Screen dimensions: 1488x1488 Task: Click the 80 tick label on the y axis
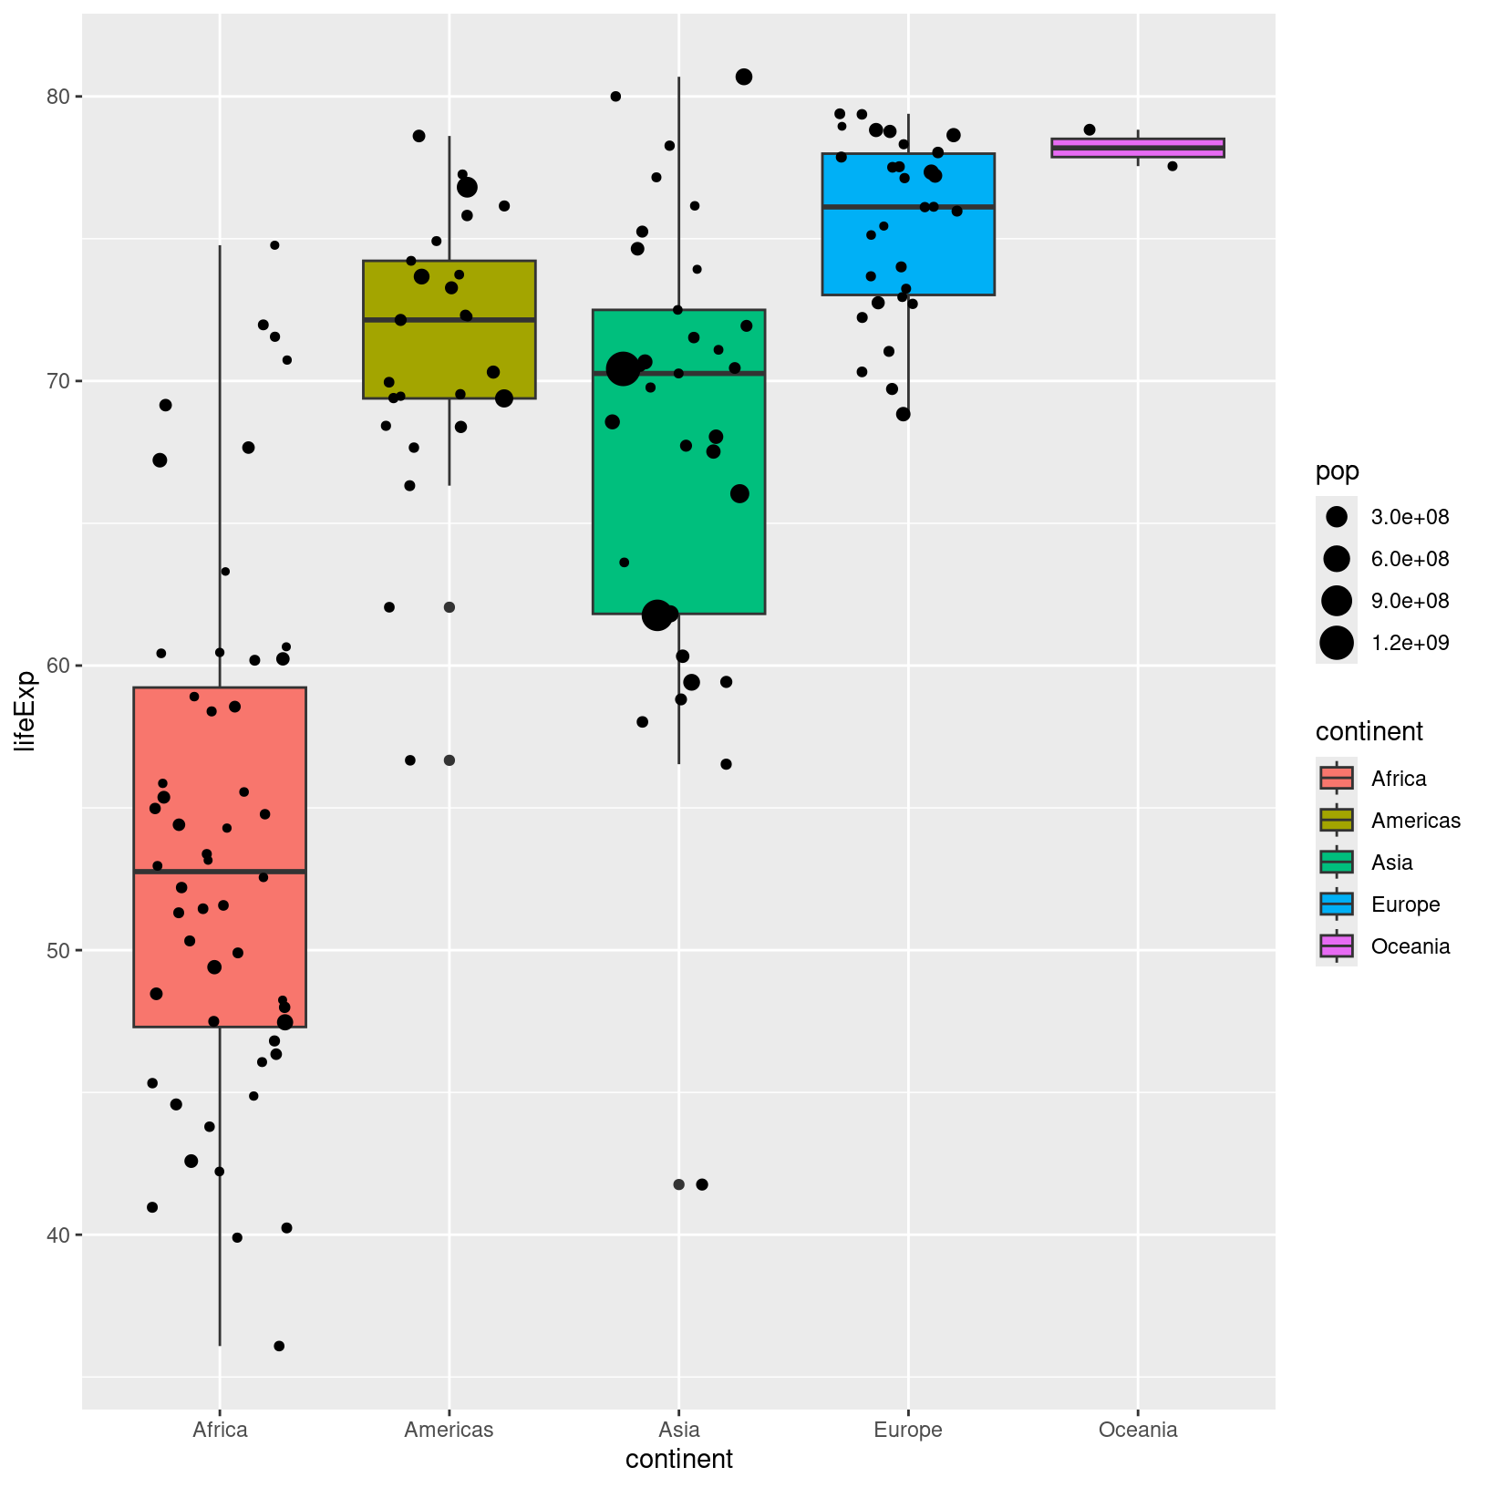[60, 97]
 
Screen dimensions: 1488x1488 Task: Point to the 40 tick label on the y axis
[60, 1235]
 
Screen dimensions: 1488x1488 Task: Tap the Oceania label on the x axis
[1137, 1429]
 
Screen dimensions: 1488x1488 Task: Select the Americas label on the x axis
[449, 1429]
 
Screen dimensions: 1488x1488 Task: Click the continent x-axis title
[678, 1460]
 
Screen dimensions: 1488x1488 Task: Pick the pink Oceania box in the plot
[1137, 148]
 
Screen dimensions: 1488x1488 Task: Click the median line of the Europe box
[907, 207]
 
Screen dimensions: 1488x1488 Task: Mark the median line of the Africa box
[219, 872]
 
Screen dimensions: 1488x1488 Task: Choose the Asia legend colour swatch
[1336, 863]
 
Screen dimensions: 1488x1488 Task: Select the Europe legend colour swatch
[1336, 904]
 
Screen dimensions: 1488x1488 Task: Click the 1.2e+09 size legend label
[1410, 643]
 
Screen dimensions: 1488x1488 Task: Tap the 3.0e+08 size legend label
[1410, 517]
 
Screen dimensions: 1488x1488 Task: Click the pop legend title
[1337, 471]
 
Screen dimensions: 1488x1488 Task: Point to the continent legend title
[1369, 731]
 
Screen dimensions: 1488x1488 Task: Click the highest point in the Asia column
[744, 77]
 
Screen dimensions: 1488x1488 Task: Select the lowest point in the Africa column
[279, 1346]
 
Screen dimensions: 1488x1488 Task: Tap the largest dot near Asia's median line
[624, 369]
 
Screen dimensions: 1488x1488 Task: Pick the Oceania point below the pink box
[1173, 166]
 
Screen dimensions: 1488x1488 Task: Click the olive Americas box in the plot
[449, 292]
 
